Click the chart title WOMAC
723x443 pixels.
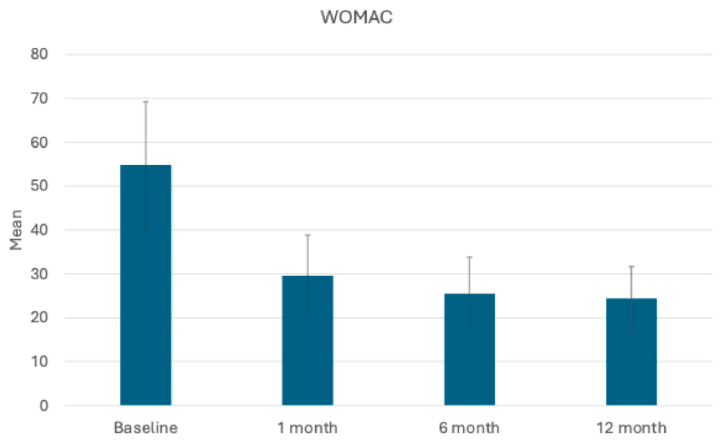pyautogui.click(x=356, y=17)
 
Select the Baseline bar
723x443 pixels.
pyautogui.click(x=146, y=285)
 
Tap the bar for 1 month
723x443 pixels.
pyautogui.click(x=308, y=340)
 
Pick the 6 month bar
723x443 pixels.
pyautogui.click(x=469, y=349)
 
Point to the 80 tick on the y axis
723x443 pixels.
pyautogui.click(x=39, y=54)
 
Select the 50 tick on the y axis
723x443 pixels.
pyautogui.click(x=39, y=186)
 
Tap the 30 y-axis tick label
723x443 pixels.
pyautogui.click(x=39, y=274)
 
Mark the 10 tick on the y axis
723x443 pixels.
pyautogui.click(x=39, y=362)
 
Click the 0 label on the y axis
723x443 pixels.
pyautogui.click(x=44, y=406)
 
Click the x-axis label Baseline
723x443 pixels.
pyautogui.click(x=146, y=428)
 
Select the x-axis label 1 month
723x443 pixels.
pyautogui.click(x=308, y=428)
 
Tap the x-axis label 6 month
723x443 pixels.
pyautogui.click(x=469, y=428)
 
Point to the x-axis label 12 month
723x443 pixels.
pyautogui.click(x=631, y=428)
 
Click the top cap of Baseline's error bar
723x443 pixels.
pyautogui.click(x=146, y=102)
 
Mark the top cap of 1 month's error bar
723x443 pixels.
pyautogui.click(x=308, y=235)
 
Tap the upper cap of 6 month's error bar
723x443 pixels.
pyautogui.click(x=469, y=257)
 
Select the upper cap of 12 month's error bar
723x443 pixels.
pyautogui.click(x=631, y=266)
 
